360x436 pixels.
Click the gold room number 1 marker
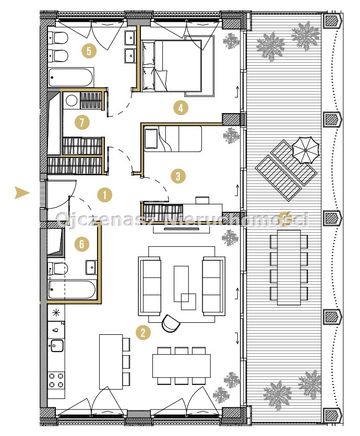pos(104,195)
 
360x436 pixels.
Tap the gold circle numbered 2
pos(143,333)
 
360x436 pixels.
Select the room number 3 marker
pos(178,176)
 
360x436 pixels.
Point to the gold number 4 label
pos(181,107)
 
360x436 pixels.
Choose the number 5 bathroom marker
pos(89,51)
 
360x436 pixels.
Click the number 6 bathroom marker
pos(82,244)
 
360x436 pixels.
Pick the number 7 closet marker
pos(82,123)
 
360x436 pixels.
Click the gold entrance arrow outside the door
pos(22,192)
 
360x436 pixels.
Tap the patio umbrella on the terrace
pos(305,150)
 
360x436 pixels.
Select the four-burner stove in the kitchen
pos(56,380)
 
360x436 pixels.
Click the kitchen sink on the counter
pos(57,346)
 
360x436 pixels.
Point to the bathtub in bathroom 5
pos(70,78)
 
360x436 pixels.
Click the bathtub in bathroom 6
pos(73,290)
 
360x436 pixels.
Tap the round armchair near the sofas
pos(171,324)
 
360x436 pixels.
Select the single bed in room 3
pos(173,139)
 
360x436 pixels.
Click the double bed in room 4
pos(172,66)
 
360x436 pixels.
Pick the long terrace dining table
pos(289,268)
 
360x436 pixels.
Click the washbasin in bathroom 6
pos(91,267)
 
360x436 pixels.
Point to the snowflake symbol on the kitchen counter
pos(56,313)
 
